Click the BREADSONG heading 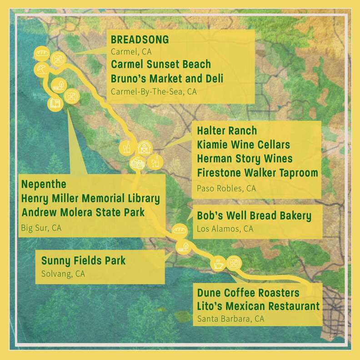[x=140, y=40]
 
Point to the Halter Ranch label [x=227, y=131]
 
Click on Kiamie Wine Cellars [x=243, y=145]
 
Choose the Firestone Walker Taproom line [x=257, y=173]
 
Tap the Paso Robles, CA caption [x=226, y=188]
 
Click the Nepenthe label [x=44, y=185]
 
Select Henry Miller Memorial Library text [x=90, y=199]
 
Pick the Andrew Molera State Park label [x=83, y=212]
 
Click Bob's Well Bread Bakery [x=254, y=215]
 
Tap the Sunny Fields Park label [x=83, y=261]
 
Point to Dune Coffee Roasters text [x=248, y=292]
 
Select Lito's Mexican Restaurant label [x=258, y=306]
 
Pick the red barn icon [x=143, y=147]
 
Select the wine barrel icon [x=136, y=163]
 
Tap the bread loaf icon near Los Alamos [x=179, y=230]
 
